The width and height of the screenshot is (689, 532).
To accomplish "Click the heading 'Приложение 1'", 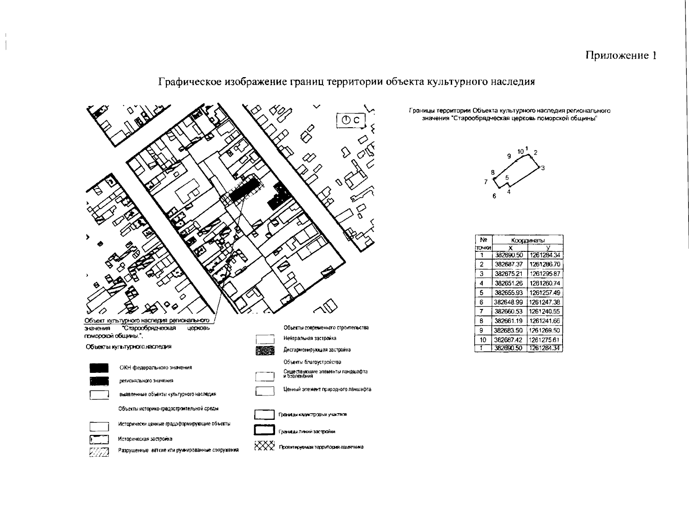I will tap(621, 55).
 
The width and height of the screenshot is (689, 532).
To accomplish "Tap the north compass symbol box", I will tap(353, 120).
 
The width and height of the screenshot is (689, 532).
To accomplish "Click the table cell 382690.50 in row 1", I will tap(509, 255).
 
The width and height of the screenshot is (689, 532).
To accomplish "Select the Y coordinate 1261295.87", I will tap(545, 274).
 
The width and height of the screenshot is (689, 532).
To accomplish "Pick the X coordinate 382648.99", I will tap(509, 302).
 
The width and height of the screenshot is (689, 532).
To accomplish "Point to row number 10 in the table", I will tap(483, 340).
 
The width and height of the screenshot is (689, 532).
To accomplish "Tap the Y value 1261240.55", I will tap(545, 311).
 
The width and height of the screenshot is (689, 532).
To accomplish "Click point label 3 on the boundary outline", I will tap(543, 168).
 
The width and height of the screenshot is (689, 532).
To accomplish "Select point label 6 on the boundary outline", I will tap(494, 196).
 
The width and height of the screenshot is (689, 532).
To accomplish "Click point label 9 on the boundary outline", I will tap(509, 156).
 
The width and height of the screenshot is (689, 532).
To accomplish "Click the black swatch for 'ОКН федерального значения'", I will tap(99, 368).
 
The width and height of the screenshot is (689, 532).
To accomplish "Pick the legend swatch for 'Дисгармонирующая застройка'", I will tap(265, 350).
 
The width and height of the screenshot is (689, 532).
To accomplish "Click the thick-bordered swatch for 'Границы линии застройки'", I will tap(264, 431).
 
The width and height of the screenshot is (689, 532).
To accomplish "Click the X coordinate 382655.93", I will tap(509, 293).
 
